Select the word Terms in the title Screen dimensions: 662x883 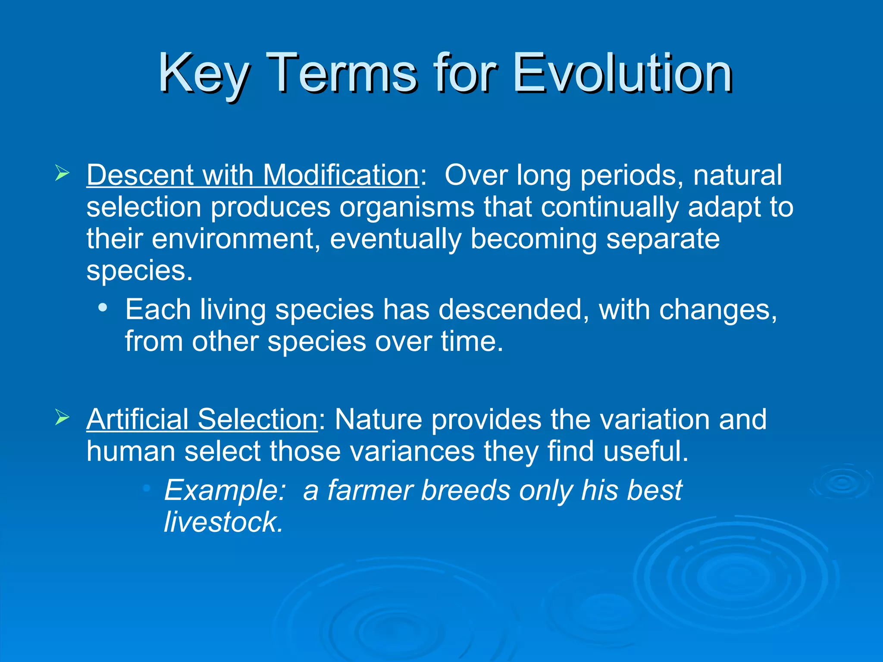pos(342,73)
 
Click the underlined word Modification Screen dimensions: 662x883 pos(341,175)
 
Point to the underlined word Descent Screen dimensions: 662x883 pos(140,175)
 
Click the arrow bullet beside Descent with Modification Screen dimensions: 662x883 pos(62,174)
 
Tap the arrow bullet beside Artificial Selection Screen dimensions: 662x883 pos(62,418)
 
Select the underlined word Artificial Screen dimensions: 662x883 pos(138,419)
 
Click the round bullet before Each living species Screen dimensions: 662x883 pos(102,308)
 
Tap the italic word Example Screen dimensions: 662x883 pos(225,490)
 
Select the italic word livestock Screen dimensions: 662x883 pos(223,522)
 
